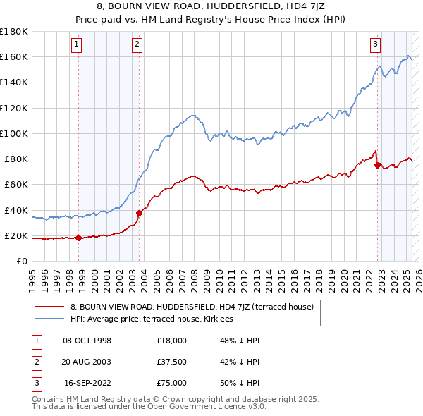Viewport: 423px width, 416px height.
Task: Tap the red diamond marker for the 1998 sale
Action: point(78,238)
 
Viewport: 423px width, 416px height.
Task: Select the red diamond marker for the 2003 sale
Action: point(139,213)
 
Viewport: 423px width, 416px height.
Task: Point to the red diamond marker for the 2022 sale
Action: point(378,165)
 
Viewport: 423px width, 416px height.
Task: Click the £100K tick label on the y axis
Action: point(14,133)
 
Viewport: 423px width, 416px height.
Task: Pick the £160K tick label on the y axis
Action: point(14,56)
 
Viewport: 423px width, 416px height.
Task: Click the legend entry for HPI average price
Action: point(157,319)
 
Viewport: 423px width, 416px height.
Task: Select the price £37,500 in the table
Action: point(171,362)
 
